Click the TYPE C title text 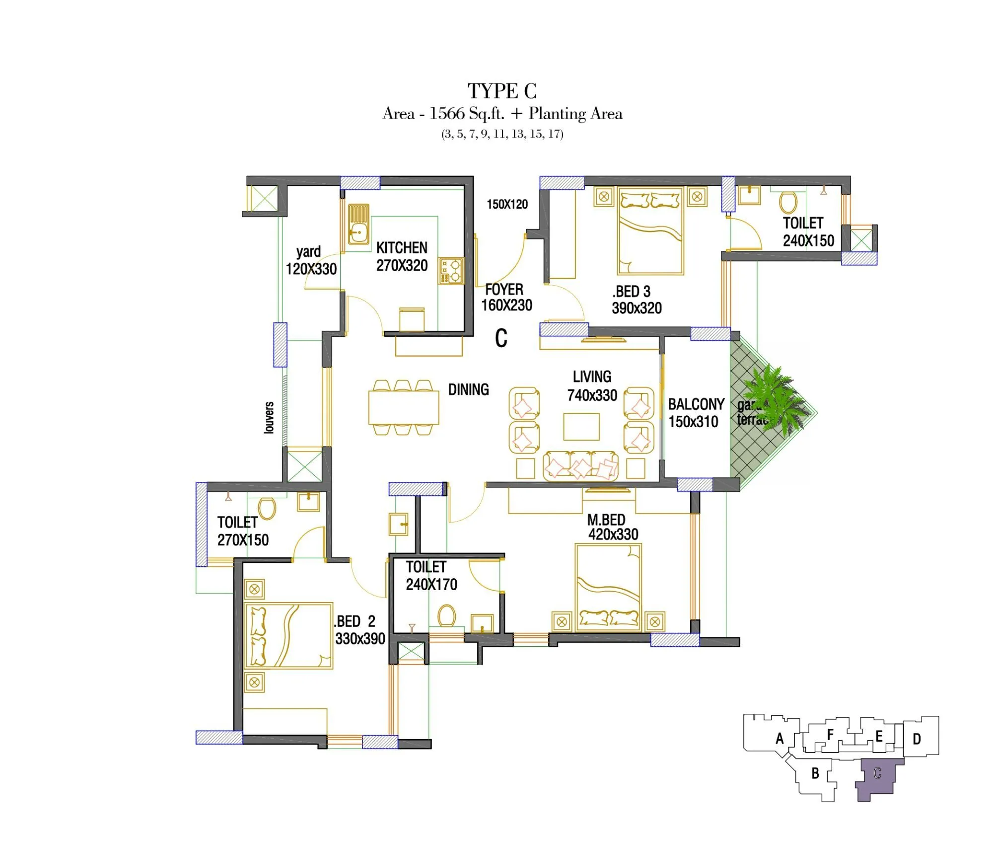502,91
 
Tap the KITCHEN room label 402,248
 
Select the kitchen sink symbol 358,225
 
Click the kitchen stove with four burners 451,271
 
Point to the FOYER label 504,290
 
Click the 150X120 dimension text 507,204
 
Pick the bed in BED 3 650,231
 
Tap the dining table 404,407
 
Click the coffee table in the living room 581,426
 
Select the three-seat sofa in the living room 580,466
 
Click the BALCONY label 696,404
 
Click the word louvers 269,417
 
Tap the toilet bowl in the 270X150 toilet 267,509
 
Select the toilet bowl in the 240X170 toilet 447,616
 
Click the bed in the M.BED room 608,587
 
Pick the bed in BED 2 288,636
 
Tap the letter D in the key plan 917,739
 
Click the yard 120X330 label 311,260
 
